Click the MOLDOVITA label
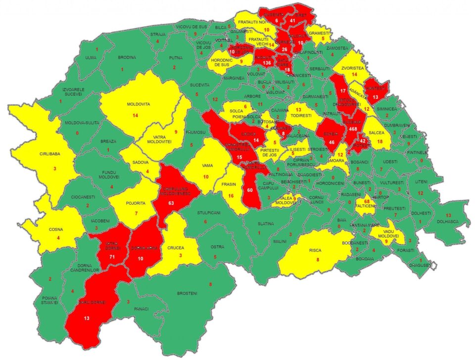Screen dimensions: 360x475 [138, 105]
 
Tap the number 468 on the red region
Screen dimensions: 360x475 [353, 129]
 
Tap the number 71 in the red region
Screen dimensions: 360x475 [112, 258]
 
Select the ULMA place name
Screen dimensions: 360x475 [91, 58]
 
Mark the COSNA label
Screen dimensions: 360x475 [55, 230]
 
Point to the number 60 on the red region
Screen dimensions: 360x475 [250, 190]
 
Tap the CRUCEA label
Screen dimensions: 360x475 [176, 247]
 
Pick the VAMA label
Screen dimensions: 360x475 [207, 166]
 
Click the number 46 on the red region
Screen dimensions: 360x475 [331, 142]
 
